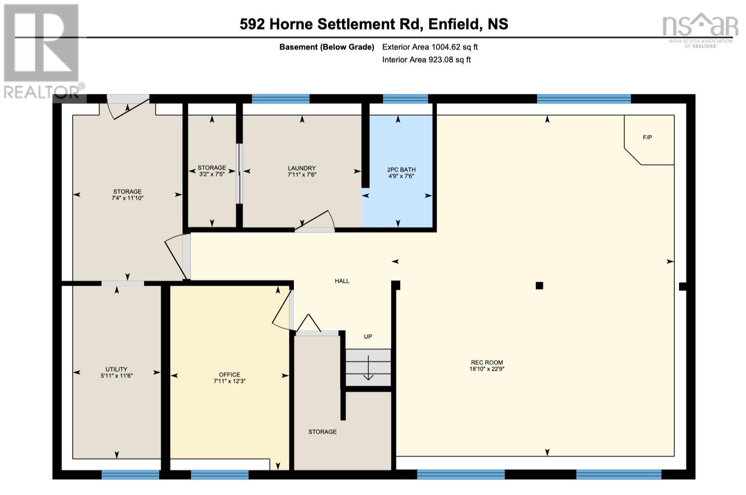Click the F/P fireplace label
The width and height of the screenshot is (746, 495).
[x=647, y=137]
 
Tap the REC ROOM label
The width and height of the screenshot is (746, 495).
[x=487, y=362]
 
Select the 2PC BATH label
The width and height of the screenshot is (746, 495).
[x=401, y=169]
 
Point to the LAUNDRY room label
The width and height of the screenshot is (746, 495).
[x=302, y=168]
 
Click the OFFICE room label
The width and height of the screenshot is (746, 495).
[x=229, y=375]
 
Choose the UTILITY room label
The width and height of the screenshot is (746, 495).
[x=117, y=369]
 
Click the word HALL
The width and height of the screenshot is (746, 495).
[x=342, y=281]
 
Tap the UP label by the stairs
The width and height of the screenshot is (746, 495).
[x=368, y=336]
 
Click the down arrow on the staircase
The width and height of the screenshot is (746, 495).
[x=368, y=368]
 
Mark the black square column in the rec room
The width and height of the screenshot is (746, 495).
[x=539, y=286]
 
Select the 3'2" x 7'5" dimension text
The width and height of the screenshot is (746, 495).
[x=212, y=174]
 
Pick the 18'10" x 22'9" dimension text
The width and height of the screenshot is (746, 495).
[x=487, y=369]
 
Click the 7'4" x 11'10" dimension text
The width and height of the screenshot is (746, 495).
[x=127, y=198]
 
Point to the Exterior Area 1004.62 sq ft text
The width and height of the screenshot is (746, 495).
[x=430, y=47]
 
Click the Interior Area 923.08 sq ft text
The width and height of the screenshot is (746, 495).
[x=426, y=60]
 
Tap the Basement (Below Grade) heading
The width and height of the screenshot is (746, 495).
[x=327, y=47]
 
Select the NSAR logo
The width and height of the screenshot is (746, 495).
[x=701, y=30]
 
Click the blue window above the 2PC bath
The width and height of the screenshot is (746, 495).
[x=405, y=99]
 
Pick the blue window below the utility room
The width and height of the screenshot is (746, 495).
[x=130, y=474]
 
